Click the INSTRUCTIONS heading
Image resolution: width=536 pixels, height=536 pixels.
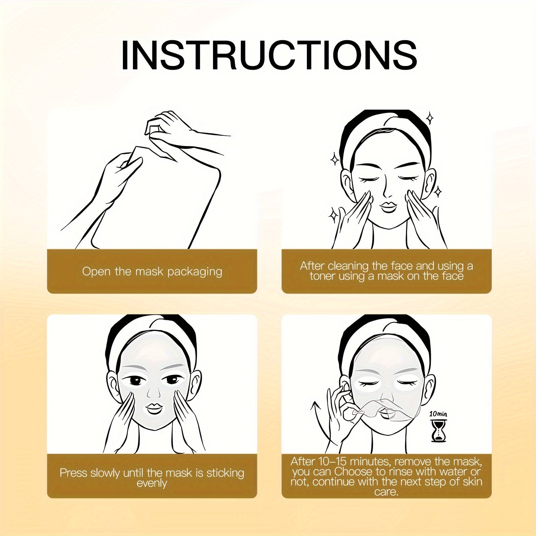point(269,55)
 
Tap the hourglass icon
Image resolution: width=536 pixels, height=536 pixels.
point(438,431)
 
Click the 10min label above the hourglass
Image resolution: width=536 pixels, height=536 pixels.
point(438,414)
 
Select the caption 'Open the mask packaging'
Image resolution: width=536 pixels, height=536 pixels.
point(152,271)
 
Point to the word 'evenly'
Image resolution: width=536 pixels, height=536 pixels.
point(152,483)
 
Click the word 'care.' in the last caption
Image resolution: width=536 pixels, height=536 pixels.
point(386,492)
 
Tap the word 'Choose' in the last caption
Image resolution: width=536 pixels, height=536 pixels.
point(353,472)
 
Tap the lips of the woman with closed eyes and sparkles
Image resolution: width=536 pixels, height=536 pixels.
point(388,205)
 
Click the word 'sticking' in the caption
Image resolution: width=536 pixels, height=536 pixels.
point(225,473)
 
